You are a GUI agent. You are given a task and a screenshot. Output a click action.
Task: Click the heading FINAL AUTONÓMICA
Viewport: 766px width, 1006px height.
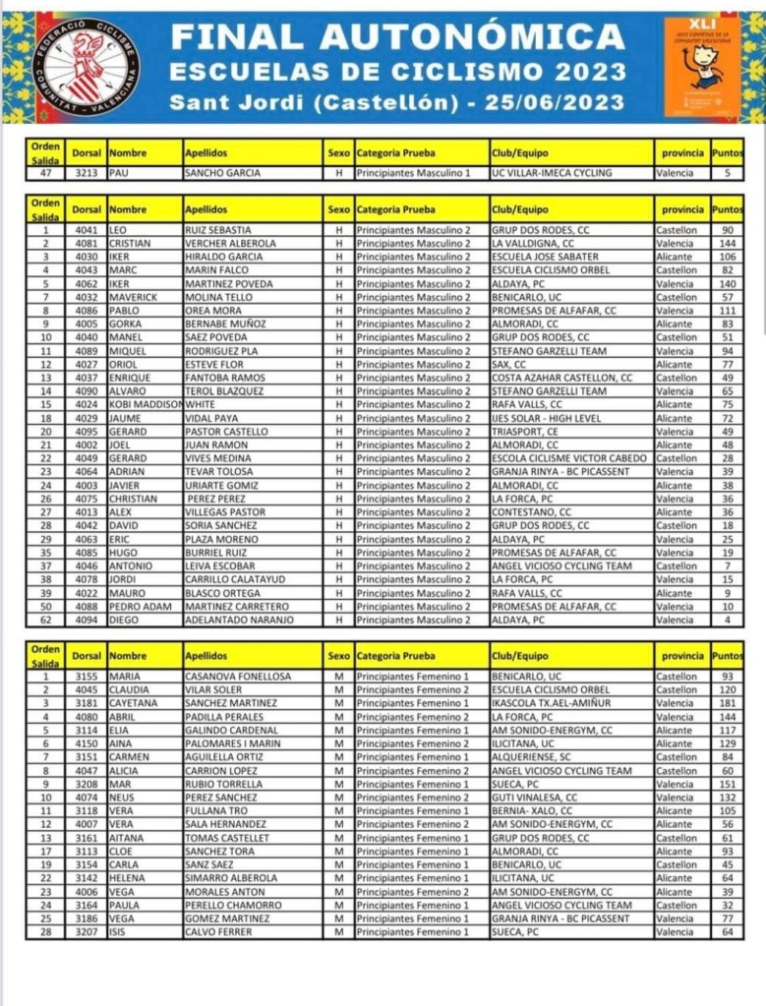398,37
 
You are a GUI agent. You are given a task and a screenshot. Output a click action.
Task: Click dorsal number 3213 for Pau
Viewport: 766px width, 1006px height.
86,173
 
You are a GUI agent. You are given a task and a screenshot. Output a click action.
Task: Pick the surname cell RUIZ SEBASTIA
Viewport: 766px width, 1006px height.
218,230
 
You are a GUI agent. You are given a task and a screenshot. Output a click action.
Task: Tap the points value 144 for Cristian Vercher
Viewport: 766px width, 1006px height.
728,243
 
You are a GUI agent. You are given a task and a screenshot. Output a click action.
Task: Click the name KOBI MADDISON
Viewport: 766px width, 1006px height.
146,404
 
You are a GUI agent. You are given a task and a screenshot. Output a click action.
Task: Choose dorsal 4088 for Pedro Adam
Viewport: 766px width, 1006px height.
86,607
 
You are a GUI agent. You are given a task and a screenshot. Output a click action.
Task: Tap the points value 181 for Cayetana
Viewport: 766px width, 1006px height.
728,704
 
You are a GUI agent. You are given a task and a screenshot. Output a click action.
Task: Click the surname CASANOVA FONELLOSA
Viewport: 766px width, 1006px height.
238,677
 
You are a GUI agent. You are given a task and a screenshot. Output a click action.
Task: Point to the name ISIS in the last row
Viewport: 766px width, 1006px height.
118,931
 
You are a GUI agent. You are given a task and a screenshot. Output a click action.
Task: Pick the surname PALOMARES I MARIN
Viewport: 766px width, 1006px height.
231,744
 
